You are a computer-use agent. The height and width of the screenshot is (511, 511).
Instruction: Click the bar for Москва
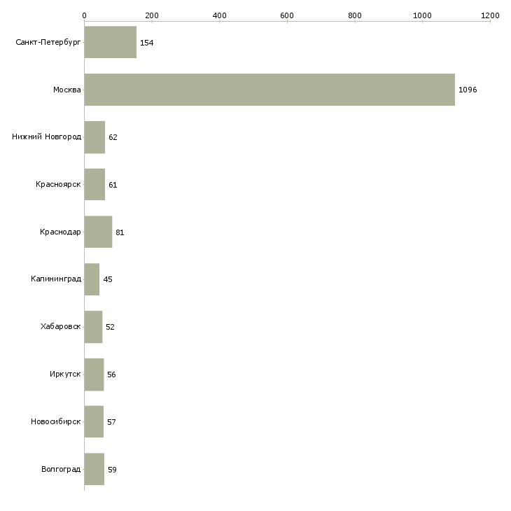pyautogui.click(x=269, y=90)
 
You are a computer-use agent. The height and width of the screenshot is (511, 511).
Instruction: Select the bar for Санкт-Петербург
pyautogui.click(x=111, y=42)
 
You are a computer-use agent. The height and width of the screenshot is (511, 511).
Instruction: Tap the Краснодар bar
pyautogui.click(x=98, y=232)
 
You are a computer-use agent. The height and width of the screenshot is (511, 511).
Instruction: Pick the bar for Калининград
pyautogui.click(x=92, y=279)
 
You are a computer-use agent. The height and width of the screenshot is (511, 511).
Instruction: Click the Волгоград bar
pyautogui.click(x=94, y=469)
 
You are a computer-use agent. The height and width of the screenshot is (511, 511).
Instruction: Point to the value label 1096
pyautogui.click(x=468, y=90)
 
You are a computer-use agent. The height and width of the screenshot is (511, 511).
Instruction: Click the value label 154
pyautogui.click(x=147, y=43)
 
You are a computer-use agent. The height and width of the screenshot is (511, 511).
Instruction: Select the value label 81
pyautogui.click(x=120, y=232)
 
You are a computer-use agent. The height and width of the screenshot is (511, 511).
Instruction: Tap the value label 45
pyautogui.click(x=108, y=279)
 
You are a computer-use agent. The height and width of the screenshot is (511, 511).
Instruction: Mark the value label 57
pyautogui.click(x=111, y=422)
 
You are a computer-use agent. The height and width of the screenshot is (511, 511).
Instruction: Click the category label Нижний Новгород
pyautogui.click(x=47, y=136)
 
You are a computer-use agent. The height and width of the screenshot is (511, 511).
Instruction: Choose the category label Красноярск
pyautogui.click(x=58, y=185)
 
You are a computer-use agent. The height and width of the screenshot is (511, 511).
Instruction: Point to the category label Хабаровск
pyautogui.click(x=61, y=326)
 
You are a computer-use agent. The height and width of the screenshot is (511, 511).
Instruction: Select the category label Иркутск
pyautogui.click(x=65, y=374)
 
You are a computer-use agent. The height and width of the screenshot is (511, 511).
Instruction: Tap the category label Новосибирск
pyautogui.click(x=56, y=421)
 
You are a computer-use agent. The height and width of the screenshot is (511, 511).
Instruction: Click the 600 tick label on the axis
pyautogui.click(x=287, y=15)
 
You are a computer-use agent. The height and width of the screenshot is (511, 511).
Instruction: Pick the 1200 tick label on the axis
pyautogui.click(x=490, y=15)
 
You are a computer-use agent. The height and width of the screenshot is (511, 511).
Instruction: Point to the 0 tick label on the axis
pyautogui.click(x=85, y=15)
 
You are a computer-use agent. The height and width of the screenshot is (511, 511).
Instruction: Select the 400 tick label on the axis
pyautogui.click(x=219, y=15)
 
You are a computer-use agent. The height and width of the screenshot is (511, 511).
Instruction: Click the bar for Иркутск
pyautogui.click(x=94, y=374)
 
